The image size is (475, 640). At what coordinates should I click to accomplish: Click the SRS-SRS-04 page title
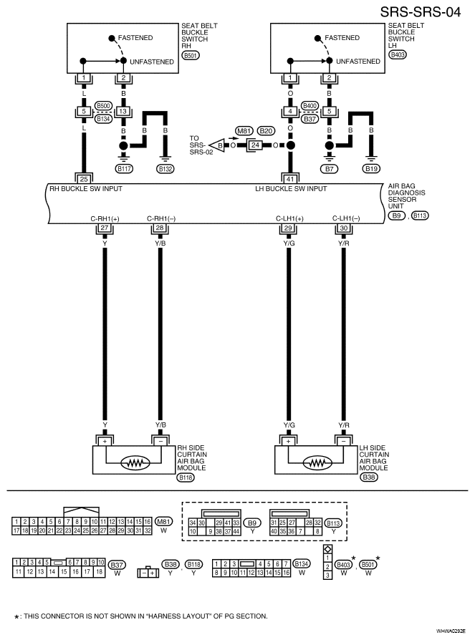[x=421, y=12]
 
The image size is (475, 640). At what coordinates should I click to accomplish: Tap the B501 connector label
[x=191, y=55]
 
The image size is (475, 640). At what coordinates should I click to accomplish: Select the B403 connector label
[x=398, y=54]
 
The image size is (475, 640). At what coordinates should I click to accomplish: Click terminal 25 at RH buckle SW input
[x=84, y=179]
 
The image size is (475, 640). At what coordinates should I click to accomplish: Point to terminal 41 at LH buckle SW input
[x=290, y=179]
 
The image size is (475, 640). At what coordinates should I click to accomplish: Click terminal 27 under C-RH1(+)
[x=105, y=228]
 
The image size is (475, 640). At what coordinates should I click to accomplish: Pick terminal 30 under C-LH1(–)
[x=344, y=228]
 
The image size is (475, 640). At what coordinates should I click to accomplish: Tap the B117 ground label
[x=124, y=168]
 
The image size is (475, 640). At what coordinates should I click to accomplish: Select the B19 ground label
[x=371, y=168]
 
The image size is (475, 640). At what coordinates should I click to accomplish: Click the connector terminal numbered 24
[x=255, y=145]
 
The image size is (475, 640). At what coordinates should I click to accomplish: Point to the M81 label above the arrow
[x=244, y=130]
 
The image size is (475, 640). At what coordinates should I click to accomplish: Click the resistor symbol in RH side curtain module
[x=135, y=463]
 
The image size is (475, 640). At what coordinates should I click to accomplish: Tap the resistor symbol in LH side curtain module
[x=317, y=463]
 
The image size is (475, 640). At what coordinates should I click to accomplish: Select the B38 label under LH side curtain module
[x=369, y=477]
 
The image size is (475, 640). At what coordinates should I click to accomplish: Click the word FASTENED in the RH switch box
[x=135, y=37]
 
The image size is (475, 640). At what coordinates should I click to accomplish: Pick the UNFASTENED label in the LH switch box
[x=358, y=62]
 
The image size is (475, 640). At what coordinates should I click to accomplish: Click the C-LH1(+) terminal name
[x=289, y=218]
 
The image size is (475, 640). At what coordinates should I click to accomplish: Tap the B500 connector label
[x=103, y=106]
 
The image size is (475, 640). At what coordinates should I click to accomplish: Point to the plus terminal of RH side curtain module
[x=105, y=441]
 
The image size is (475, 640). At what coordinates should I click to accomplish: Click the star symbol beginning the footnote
[x=16, y=617]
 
